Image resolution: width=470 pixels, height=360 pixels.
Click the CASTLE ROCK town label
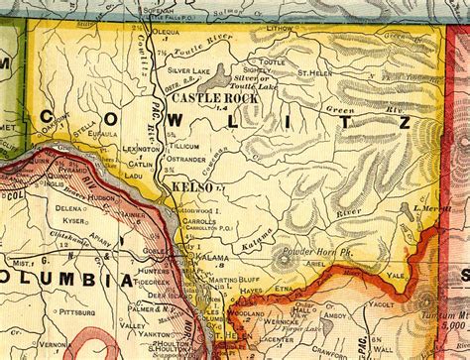click(x=210, y=99)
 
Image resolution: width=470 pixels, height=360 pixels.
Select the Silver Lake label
click(x=188, y=71)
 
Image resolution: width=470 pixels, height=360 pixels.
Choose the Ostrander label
click(x=186, y=159)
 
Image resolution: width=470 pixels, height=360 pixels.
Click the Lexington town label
click(x=140, y=148)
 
